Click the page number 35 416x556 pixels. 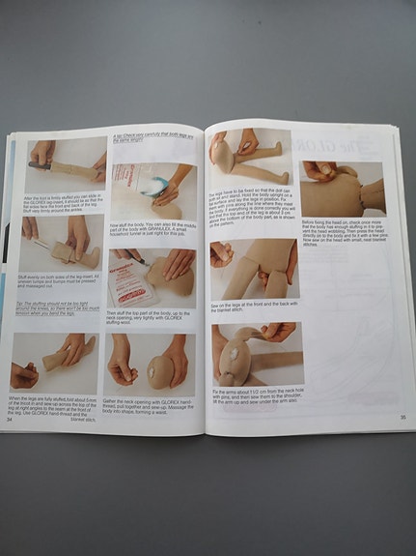coord(401,416)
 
